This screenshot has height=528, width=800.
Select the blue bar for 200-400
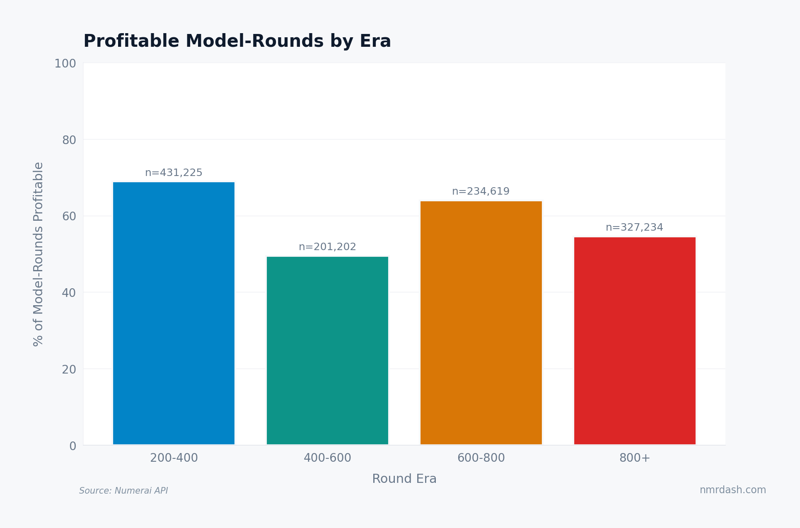coord(174,313)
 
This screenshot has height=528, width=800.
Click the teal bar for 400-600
coord(327,350)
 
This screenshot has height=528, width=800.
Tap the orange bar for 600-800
coord(481,323)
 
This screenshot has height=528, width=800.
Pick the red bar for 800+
coord(635,341)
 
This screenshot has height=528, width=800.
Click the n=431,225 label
coord(174,173)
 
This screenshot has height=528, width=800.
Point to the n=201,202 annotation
coord(327,247)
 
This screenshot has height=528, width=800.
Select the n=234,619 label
coord(481,191)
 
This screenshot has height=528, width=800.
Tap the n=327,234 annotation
coord(634,227)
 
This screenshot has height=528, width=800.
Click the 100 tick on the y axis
coord(65,64)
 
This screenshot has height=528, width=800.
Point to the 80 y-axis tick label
coord(69,140)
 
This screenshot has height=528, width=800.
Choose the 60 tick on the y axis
coord(69,217)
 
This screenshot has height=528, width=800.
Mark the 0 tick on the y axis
coord(73,446)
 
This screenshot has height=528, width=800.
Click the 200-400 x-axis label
coord(174,458)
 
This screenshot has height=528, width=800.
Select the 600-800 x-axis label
coord(481,458)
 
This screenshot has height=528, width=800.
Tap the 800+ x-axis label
coord(635,458)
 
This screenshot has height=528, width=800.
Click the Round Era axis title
coord(404,479)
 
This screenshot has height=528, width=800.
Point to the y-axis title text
coord(38,254)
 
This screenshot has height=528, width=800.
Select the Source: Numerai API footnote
coord(123,491)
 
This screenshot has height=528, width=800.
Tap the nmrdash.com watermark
coord(732,490)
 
